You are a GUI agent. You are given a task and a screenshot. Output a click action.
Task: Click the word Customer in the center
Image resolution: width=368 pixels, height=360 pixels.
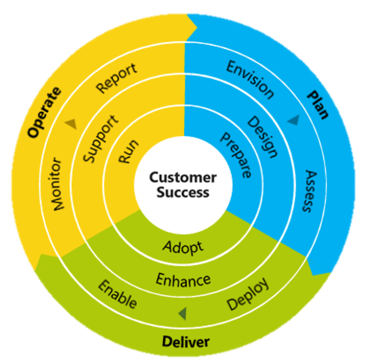point(183,178)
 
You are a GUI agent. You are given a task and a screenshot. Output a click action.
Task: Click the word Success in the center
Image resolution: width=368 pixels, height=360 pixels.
point(183,192)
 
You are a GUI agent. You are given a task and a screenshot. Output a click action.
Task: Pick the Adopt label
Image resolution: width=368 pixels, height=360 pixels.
point(183,247)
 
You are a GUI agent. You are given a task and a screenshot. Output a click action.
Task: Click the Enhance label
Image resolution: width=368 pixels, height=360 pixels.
point(183,280)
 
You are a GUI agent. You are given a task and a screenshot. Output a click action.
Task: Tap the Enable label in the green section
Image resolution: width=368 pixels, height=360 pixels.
point(117,293)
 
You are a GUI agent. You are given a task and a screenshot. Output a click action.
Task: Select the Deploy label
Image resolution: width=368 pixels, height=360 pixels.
point(248,295)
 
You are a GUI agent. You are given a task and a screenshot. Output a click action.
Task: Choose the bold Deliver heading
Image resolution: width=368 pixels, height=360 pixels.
point(186,341)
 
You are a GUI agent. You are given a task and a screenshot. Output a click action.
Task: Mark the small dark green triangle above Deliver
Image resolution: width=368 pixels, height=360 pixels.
point(183,313)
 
